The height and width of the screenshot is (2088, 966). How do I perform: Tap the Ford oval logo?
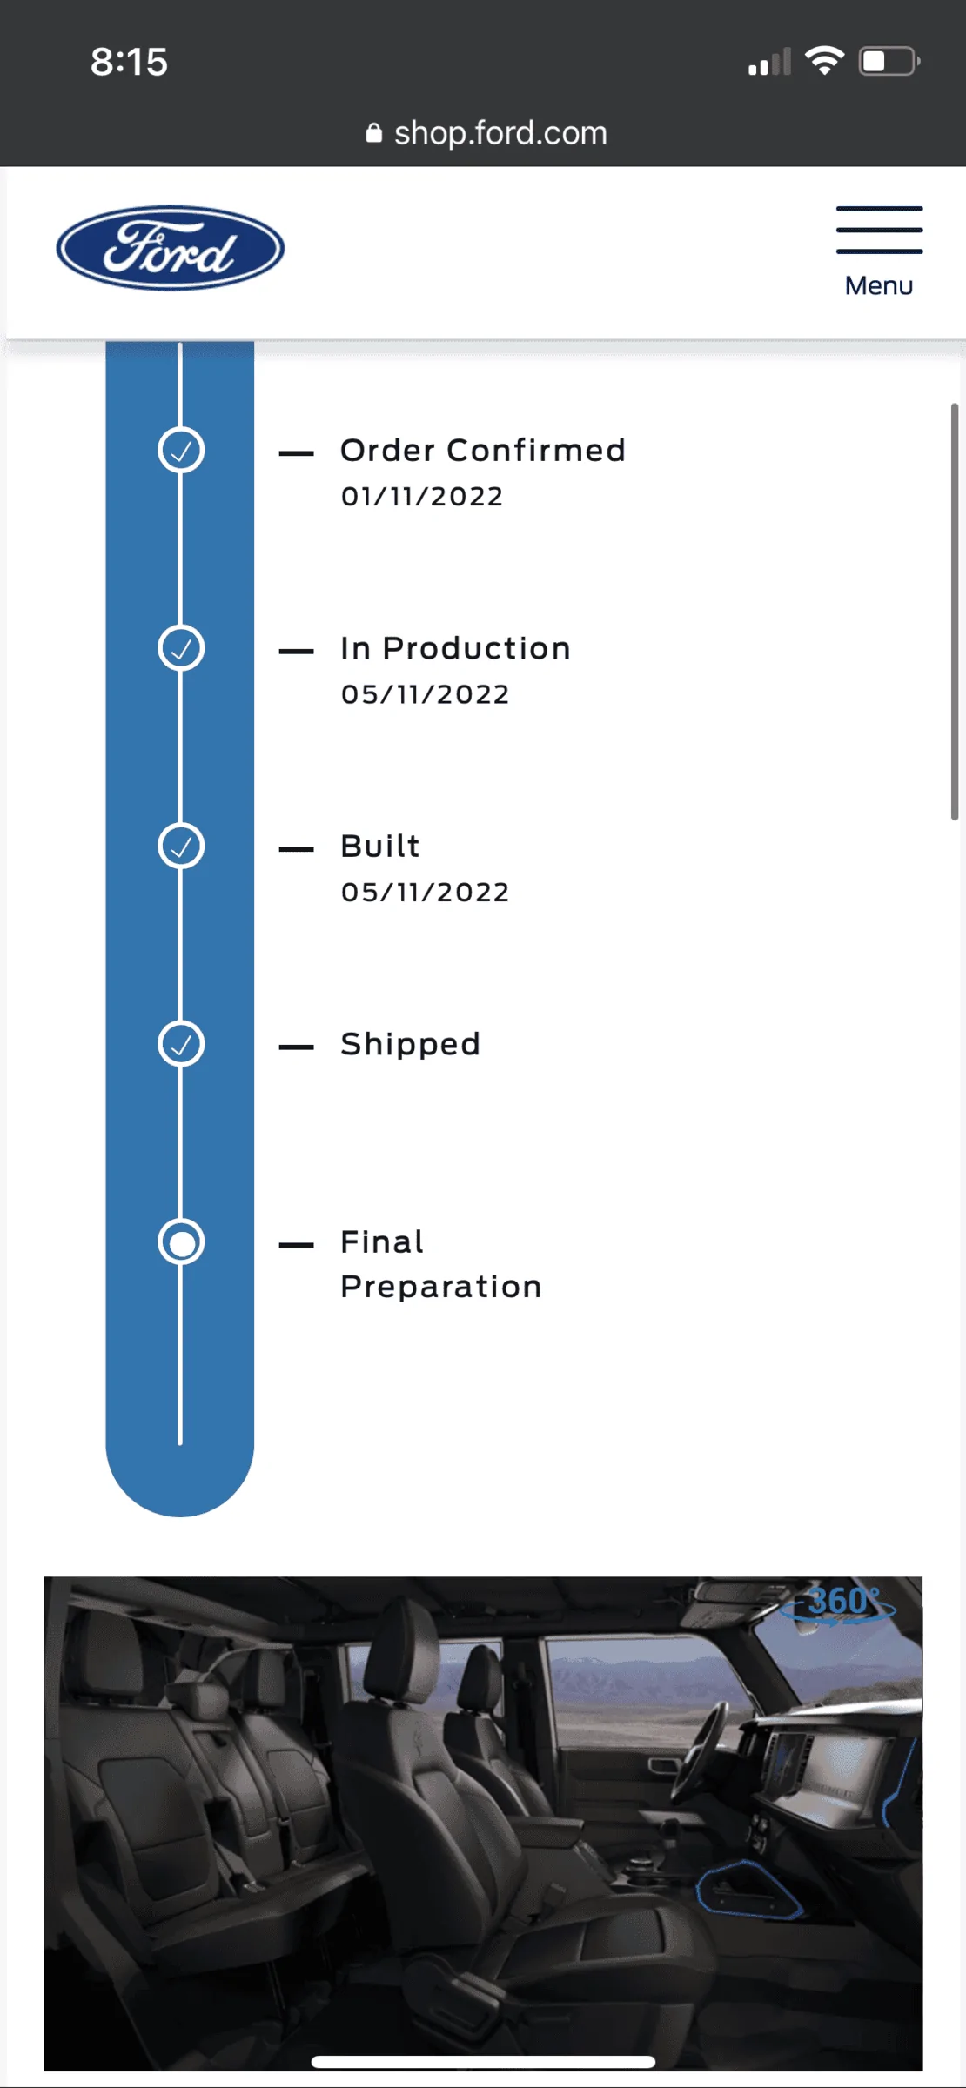(171, 248)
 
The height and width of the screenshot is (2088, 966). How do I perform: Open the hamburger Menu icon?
(879, 230)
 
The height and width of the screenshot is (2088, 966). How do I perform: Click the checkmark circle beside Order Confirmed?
(181, 451)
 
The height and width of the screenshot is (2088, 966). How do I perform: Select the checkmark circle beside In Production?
(181, 648)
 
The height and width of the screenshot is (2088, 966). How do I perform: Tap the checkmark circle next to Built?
(181, 847)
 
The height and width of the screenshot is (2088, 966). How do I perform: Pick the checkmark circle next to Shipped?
(181, 1044)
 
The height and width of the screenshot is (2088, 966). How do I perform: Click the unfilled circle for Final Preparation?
(181, 1242)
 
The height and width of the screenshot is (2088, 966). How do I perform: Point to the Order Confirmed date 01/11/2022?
(422, 497)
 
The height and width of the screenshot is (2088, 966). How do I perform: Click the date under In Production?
(425, 694)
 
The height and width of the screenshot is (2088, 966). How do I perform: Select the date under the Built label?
(425, 893)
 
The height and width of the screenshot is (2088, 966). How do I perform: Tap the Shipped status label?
(410, 1044)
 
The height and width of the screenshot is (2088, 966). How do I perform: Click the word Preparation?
(441, 1288)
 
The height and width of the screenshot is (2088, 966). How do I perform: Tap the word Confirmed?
(536, 451)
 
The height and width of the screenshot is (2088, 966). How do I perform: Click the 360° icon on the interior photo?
(837, 1603)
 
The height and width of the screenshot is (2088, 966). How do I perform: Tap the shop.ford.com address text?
(500, 133)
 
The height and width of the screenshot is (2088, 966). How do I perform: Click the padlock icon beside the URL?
(374, 133)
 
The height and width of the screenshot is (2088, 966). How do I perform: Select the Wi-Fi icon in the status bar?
(824, 61)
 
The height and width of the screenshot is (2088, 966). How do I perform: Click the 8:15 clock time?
(129, 62)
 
